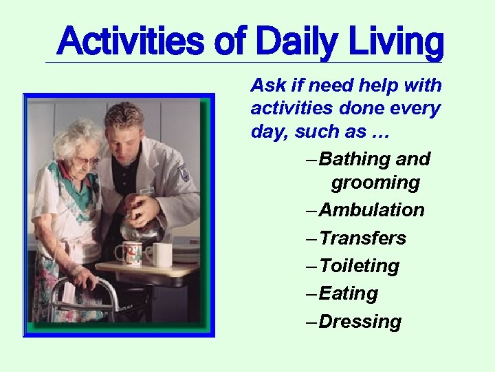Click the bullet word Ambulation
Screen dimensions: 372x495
372,210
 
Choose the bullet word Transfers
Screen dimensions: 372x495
363,238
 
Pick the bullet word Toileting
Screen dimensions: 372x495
360,266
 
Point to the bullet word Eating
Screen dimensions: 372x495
349,293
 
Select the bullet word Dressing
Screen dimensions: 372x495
360,322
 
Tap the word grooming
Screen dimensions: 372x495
375,183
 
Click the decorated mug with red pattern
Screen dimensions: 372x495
129,254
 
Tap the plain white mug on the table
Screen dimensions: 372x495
161,254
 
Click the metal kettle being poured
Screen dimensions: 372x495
141,227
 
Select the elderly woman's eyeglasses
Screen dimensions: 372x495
87,161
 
